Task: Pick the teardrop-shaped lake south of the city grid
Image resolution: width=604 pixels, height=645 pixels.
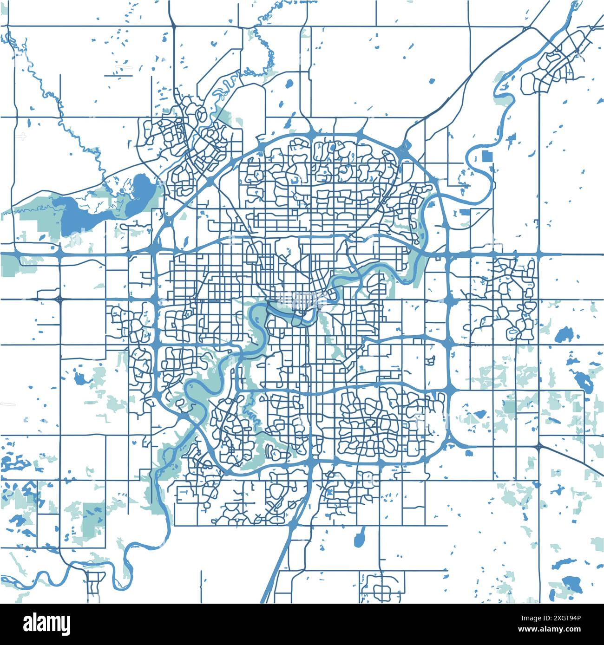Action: [x=360, y=538]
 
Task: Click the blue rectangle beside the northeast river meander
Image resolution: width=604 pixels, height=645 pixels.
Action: [x=487, y=156]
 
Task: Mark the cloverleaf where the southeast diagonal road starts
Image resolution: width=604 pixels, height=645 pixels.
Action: [x=538, y=447]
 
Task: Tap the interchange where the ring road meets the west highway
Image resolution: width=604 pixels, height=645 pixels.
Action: [x=154, y=254]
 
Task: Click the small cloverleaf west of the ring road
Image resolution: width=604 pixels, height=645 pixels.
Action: [x=59, y=299]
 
